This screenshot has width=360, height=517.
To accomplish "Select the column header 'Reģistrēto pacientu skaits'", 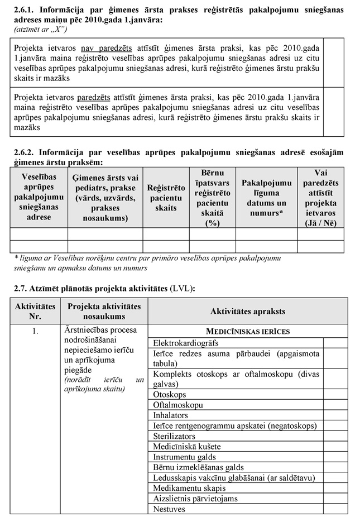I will pyautogui.click(x=166, y=198).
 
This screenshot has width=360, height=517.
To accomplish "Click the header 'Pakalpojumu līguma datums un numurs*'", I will pyautogui.click(x=266, y=198).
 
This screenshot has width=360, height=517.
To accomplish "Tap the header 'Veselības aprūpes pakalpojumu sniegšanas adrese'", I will pyautogui.click(x=39, y=198).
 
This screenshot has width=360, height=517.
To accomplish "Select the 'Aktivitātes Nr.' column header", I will pyautogui.click(x=35, y=312).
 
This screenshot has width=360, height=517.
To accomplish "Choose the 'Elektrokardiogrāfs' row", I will pyautogui.click(x=185, y=343).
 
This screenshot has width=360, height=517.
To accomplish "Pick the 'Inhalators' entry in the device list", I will pyautogui.click(x=171, y=415).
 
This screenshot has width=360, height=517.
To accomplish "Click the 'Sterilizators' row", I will pyautogui.click(x=174, y=436).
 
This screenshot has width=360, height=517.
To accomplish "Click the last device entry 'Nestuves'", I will pyautogui.click(x=171, y=509).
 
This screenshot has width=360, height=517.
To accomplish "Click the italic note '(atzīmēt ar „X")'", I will pyautogui.click(x=36, y=27).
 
